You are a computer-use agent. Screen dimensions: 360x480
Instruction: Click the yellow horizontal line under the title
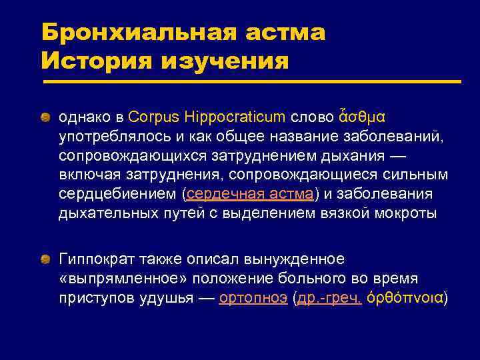tap(252, 82)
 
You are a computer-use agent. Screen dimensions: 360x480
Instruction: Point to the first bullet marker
tap(44, 117)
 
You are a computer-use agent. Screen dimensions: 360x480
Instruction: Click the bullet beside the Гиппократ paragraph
tap(44, 259)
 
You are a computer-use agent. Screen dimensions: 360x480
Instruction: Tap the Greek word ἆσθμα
tap(361, 117)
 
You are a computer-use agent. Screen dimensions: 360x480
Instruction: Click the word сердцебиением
tap(117, 194)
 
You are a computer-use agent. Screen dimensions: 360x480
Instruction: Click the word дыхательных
tap(104, 213)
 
